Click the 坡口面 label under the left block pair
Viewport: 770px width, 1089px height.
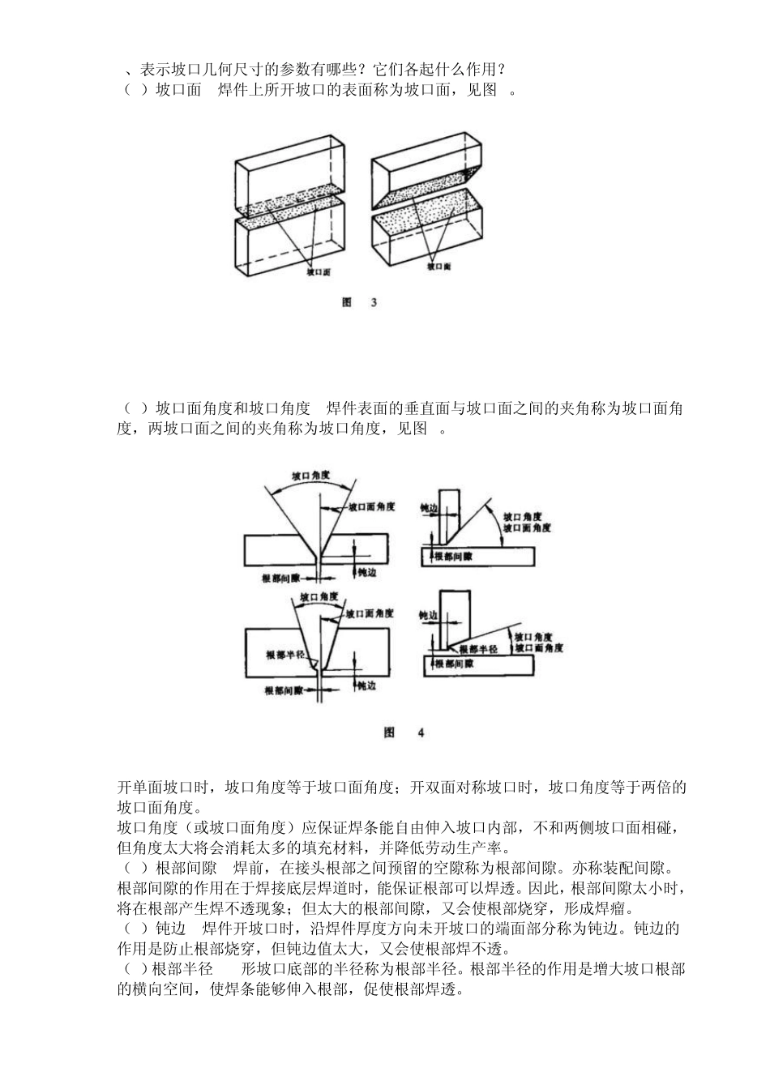click(x=318, y=273)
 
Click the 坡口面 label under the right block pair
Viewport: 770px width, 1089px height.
click(x=438, y=266)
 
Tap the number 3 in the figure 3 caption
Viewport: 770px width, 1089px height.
click(x=373, y=302)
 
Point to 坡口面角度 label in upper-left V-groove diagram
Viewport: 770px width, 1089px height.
click(x=371, y=506)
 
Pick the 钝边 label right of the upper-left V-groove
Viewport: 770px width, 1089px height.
click(x=367, y=572)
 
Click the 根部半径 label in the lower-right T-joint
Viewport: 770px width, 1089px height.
click(x=477, y=648)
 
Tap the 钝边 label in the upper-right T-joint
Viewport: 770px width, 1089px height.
click(x=429, y=507)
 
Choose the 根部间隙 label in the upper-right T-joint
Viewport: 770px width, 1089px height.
click(x=454, y=557)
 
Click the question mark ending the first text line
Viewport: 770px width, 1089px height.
click(x=503, y=70)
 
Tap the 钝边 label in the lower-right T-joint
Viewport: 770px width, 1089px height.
click(x=428, y=616)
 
